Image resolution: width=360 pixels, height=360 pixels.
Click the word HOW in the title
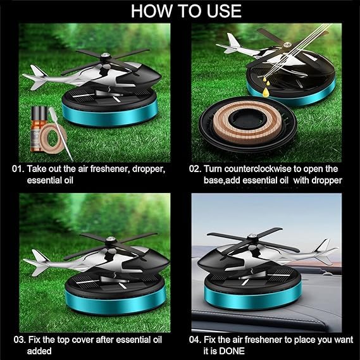coord(152,11)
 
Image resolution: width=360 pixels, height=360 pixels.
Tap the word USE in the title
coord(224,11)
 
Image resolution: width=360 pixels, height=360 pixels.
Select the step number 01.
coord(18,169)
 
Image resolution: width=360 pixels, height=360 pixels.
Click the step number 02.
coord(195,169)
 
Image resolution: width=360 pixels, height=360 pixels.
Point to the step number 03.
coord(20,340)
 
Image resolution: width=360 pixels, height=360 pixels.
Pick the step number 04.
coord(195,340)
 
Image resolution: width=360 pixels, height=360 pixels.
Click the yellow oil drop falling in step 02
coord(266,91)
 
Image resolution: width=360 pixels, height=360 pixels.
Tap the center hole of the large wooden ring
coord(247,118)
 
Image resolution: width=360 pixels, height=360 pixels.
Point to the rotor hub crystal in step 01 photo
coord(106,55)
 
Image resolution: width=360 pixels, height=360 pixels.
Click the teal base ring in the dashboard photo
coord(253,297)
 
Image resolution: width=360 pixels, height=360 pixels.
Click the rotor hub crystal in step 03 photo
coord(110,239)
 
